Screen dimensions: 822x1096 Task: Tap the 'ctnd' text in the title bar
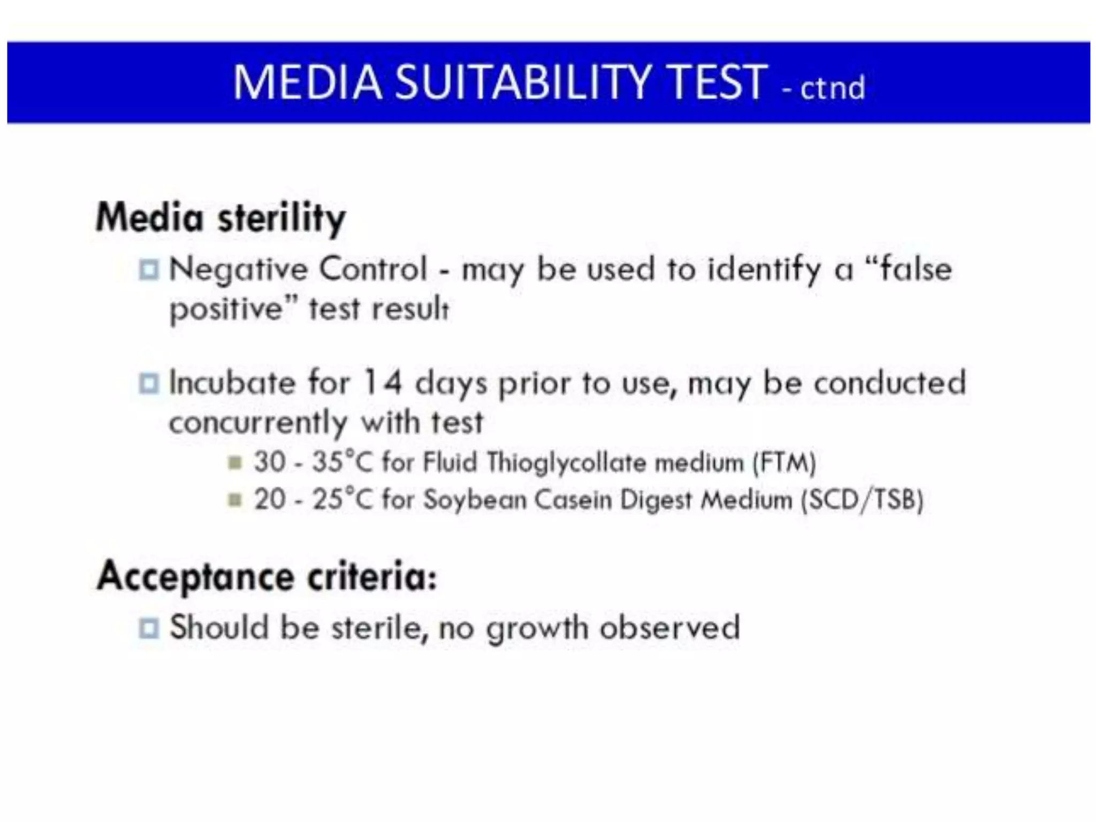coord(832,88)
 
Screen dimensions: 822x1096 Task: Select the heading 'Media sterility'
coord(220,218)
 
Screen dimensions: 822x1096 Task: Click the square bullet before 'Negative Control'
coord(149,269)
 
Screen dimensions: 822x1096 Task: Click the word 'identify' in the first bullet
coord(764,269)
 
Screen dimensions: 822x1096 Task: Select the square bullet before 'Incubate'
coord(149,383)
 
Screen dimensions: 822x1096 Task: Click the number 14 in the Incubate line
coord(382,383)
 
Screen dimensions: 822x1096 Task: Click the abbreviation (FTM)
coord(784,462)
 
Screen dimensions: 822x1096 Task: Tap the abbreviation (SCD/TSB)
coord(862,500)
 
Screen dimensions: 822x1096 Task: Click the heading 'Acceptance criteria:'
coord(267,577)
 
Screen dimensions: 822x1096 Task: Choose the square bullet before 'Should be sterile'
coord(149,628)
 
